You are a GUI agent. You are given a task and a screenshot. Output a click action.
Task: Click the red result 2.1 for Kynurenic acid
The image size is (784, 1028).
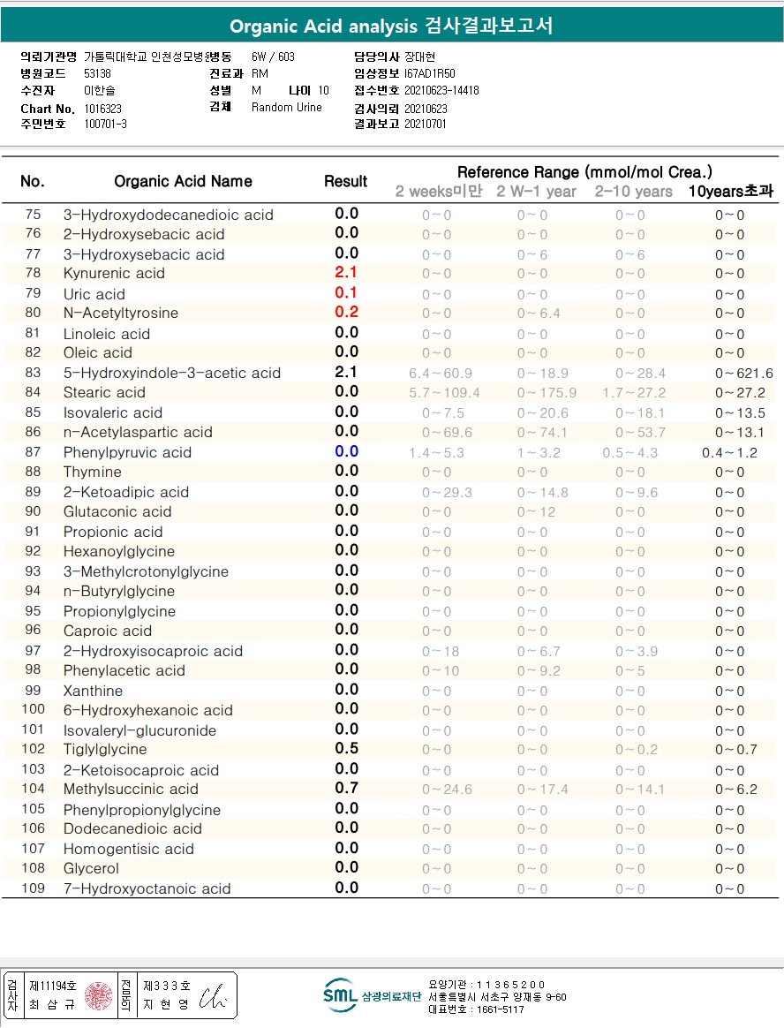346,273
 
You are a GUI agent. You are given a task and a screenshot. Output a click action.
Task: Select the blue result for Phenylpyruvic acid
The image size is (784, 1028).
346,451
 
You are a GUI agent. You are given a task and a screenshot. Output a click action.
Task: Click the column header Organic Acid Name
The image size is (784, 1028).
183,181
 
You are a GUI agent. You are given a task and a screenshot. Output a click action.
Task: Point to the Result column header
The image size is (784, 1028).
345,181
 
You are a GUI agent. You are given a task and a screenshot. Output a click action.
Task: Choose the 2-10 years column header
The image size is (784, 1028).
633,192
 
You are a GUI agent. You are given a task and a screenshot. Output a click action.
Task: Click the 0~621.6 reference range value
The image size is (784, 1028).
743,373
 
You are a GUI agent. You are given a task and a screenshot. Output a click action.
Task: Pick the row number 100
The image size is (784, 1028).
33,709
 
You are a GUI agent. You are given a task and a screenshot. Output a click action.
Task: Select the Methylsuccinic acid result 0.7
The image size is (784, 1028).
346,788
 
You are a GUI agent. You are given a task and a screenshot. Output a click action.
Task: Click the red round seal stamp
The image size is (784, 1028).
99,996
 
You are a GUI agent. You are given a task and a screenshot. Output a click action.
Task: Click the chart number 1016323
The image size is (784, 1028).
103,109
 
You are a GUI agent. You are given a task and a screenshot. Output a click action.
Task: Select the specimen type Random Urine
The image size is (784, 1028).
287,108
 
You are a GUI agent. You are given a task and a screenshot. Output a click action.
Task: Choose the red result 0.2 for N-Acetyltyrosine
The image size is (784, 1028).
346,312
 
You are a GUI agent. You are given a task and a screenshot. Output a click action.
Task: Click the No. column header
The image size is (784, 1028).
32,181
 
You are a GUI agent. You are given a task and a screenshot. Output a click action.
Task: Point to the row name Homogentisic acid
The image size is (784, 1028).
128,849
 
